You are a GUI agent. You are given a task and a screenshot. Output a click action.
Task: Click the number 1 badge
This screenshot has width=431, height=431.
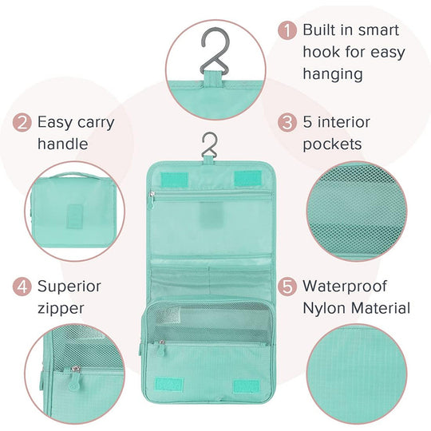click(x=287, y=30)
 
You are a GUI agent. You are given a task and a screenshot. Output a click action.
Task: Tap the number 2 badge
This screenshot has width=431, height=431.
click(x=22, y=122)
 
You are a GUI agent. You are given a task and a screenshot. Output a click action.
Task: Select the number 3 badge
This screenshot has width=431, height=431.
click(x=287, y=122)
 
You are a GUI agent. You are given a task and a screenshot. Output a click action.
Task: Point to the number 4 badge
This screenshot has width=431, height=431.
click(x=22, y=287)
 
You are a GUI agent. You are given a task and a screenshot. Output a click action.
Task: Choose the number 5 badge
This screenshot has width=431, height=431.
click(x=287, y=287)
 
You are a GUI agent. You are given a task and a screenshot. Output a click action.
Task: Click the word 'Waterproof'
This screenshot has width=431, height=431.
click(x=345, y=287)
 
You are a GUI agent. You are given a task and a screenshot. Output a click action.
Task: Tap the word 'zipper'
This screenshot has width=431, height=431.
click(x=61, y=309)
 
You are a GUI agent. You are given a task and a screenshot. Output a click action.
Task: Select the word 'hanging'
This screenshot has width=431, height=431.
click(x=333, y=74)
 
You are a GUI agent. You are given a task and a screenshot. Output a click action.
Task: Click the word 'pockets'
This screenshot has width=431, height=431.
click(x=332, y=144)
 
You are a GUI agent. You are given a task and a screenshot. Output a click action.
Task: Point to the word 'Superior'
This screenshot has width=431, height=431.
click(x=69, y=287)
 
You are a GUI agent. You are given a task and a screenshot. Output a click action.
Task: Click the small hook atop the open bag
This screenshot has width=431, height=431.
click(x=209, y=145)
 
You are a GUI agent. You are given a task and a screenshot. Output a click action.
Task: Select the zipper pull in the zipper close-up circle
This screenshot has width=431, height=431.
click(x=74, y=378)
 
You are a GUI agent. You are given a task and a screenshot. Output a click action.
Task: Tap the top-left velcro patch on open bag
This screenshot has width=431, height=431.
click(x=174, y=180)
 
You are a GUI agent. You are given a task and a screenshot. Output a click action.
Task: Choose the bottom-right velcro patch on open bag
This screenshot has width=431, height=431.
click(x=247, y=386)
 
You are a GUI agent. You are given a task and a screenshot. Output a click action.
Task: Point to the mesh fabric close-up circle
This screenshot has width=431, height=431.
click(x=357, y=211)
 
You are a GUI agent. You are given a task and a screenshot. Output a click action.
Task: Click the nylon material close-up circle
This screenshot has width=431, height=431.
click(x=357, y=374)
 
